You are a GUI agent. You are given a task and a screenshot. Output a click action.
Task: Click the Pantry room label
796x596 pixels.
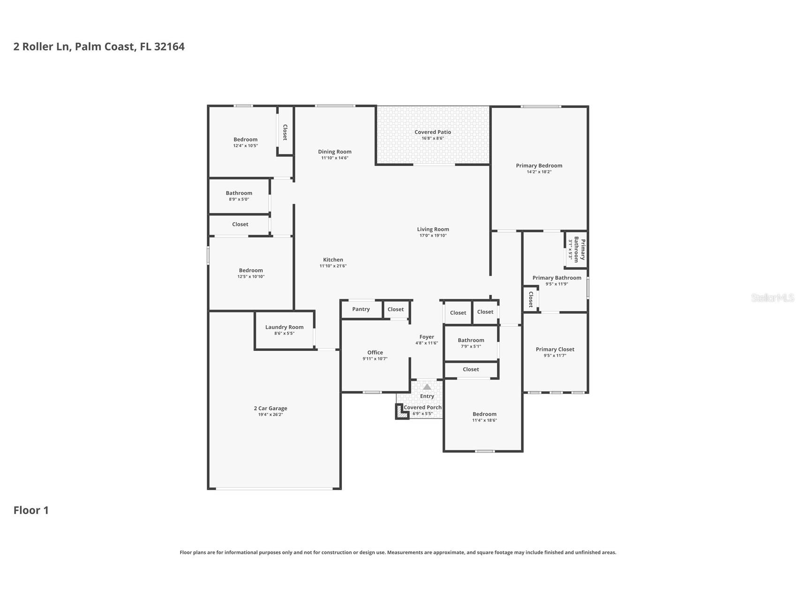[x=361, y=309]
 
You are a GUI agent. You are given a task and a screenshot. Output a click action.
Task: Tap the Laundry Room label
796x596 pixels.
[x=284, y=327]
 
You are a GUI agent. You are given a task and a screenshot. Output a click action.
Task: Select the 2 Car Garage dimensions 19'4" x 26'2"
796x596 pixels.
[x=270, y=415]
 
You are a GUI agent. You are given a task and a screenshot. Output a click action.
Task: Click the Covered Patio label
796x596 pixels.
[x=432, y=132]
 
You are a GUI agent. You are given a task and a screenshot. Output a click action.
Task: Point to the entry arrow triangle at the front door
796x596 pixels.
[x=427, y=387]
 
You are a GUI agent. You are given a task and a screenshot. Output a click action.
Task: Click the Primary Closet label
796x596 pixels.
[x=555, y=349]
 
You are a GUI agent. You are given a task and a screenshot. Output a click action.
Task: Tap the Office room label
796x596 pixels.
[x=375, y=352]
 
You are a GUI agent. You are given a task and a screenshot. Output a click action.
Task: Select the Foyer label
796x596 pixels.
[x=426, y=337]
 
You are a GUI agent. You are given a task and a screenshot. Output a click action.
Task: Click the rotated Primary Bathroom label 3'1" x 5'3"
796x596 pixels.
[x=576, y=250]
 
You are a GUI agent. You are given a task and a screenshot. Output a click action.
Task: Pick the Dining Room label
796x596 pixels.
[x=334, y=151]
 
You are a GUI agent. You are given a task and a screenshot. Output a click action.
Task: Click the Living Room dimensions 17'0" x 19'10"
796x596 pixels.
[x=432, y=236]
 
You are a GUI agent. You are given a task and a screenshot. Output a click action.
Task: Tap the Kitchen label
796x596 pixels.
[x=333, y=260]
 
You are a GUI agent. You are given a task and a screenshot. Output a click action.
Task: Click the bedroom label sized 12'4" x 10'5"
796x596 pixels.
[x=245, y=139]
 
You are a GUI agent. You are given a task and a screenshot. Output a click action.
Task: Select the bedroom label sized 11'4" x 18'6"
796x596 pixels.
[x=484, y=414]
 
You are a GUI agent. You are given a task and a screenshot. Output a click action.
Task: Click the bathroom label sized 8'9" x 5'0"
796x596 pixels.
[x=239, y=193]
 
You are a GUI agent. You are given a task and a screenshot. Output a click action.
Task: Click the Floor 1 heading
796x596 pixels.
[x=31, y=510]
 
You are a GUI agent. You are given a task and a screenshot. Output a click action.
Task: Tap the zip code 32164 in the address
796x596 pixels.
[x=169, y=46]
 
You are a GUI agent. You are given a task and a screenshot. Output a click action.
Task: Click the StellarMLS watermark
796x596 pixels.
[x=772, y=298]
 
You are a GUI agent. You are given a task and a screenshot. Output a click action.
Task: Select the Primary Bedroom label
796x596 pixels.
[x=539, y=165]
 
